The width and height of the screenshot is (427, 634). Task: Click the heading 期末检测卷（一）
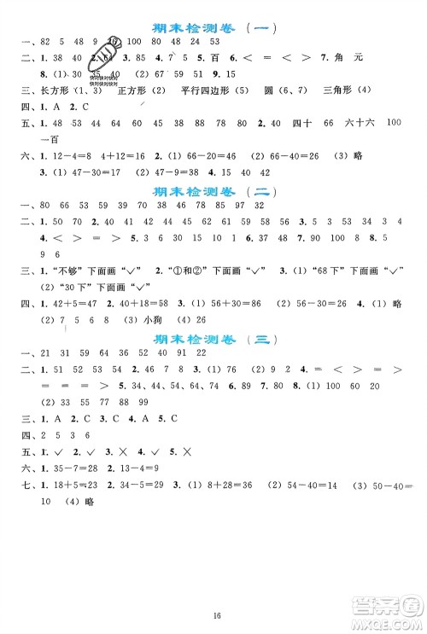click(x=213, y=26)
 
